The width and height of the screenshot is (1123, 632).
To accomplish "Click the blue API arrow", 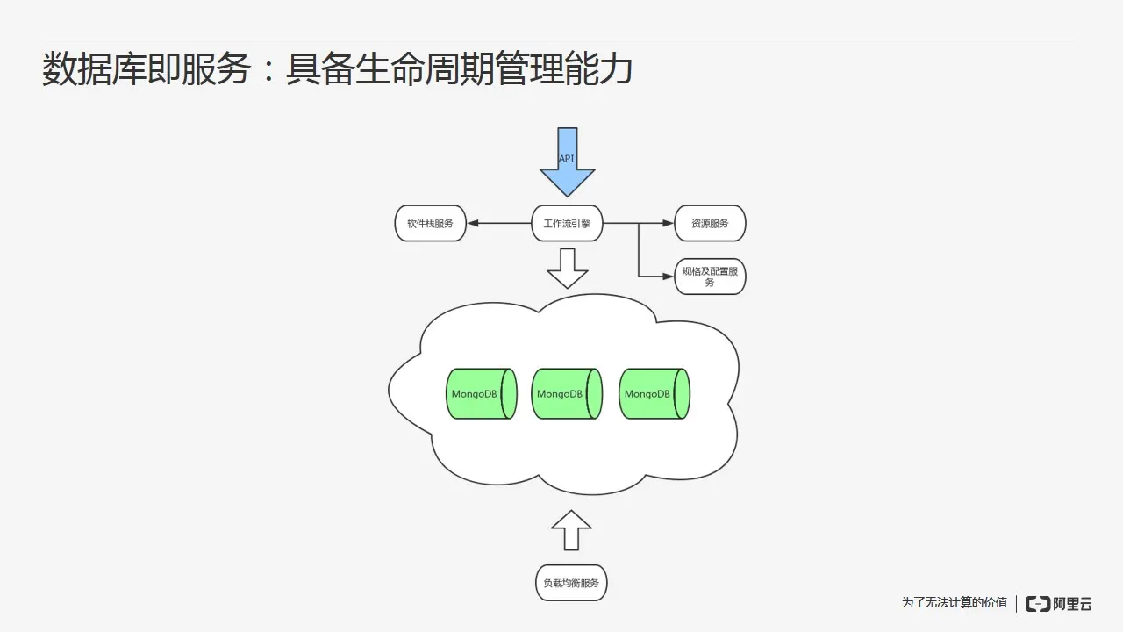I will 567,162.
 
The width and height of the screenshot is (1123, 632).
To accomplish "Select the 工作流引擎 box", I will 567,224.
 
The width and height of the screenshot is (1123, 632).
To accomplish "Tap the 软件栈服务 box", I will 430,224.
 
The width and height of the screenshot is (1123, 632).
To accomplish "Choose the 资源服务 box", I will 710,224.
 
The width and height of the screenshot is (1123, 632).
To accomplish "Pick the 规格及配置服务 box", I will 710,276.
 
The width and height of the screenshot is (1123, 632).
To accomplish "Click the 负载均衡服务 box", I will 571,583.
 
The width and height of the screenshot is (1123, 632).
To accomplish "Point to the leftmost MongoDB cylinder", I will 480,393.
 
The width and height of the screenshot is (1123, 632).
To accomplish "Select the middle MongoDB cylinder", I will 566,393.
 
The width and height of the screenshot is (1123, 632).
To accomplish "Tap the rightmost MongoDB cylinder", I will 653,393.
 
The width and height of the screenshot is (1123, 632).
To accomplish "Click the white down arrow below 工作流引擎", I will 567,268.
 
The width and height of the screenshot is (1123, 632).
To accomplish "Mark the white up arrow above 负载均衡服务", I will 571,531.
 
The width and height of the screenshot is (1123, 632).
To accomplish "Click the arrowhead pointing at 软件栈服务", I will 473,224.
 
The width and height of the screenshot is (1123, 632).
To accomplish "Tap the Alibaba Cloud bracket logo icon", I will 1038,604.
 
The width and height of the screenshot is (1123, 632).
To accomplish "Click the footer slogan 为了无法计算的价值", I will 955,603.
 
